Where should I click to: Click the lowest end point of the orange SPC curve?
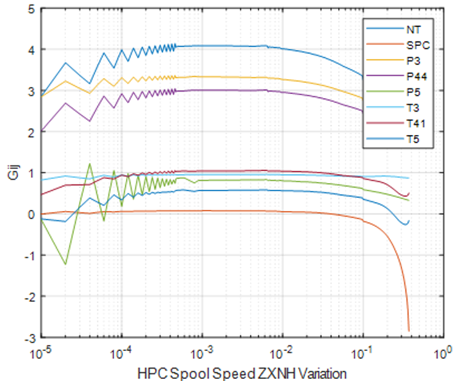coord(409,331)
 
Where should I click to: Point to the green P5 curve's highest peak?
coord(90,164)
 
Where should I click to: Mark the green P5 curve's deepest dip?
coord(66,264)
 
